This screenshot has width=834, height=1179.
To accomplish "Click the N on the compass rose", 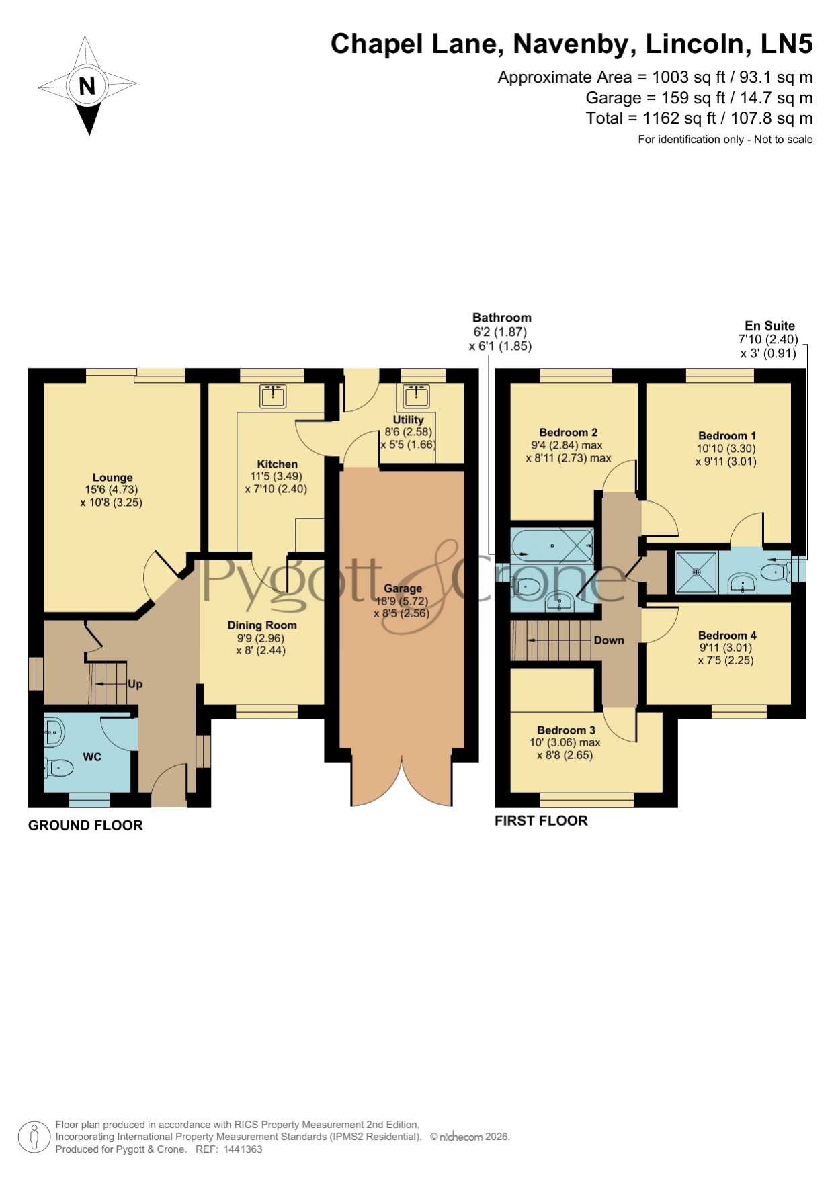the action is pos(87,86).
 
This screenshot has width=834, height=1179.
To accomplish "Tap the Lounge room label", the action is pos(112,478).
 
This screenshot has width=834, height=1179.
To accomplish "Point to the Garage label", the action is pos(403,588).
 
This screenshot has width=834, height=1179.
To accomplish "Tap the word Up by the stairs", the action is pos(135,684).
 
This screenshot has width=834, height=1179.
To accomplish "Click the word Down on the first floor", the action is pos(609,640).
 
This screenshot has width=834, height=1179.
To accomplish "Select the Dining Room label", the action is pos(262,625).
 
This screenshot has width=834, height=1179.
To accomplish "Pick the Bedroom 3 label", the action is pos(566,730).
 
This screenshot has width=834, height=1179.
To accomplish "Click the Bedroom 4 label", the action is pos(727,636).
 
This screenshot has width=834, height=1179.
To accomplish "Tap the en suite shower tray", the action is pos(696,572).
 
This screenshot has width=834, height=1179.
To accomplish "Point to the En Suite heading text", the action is pos(769,326).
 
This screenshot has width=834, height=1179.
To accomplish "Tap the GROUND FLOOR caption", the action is pos(85,826).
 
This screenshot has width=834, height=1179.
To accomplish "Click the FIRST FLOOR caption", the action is pos(541,820).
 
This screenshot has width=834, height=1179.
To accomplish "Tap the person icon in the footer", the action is pos(33,1138).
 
